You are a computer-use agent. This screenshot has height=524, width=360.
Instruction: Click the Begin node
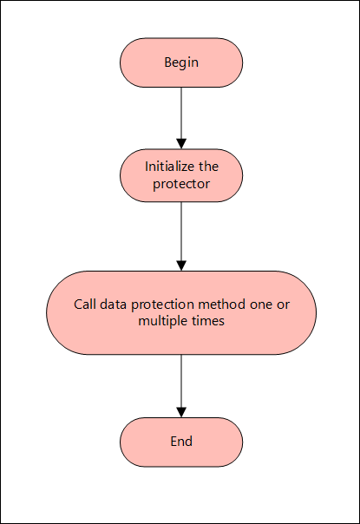181,62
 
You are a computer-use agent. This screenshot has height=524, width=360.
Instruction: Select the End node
181,442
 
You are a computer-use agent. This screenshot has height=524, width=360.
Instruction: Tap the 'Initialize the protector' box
181,174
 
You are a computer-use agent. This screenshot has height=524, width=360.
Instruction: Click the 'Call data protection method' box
181,313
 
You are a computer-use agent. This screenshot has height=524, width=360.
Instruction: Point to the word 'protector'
181,184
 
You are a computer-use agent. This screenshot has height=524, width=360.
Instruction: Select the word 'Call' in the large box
84,305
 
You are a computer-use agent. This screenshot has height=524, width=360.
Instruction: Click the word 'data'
112,305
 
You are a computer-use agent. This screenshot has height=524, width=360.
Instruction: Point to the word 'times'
208,322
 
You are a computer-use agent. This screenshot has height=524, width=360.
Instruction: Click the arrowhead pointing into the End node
181,411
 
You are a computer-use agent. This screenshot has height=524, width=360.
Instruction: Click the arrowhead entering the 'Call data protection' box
181,265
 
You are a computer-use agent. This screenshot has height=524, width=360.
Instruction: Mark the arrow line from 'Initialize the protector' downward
181,230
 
